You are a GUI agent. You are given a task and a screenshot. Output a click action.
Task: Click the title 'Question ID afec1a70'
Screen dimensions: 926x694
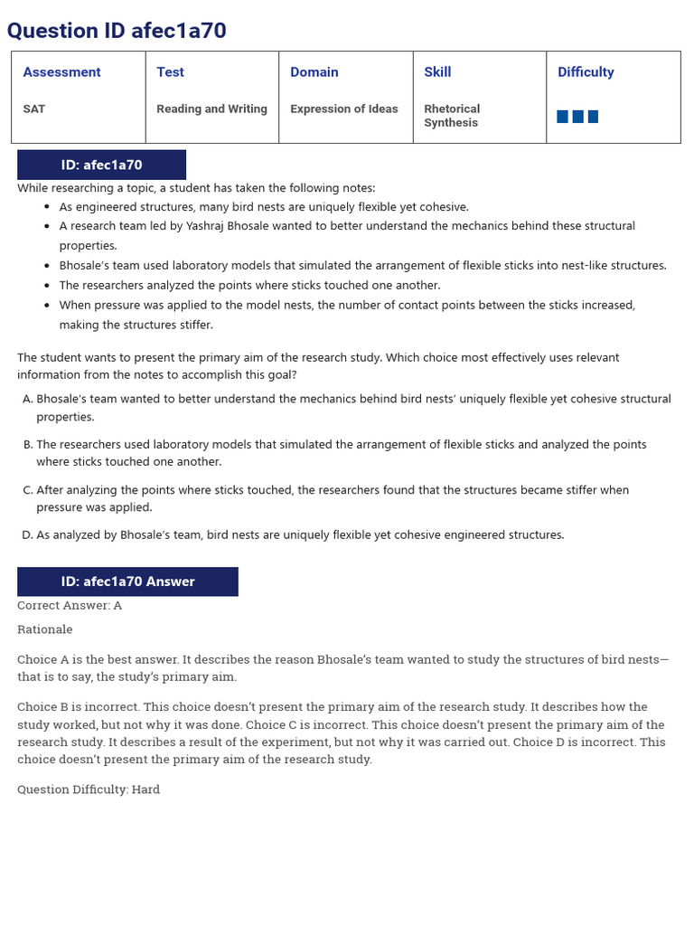point(117,31)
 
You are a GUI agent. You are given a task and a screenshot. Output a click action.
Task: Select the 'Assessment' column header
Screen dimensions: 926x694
point(61,72)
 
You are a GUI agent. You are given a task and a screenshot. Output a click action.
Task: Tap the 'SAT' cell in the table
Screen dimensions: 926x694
point(33,109)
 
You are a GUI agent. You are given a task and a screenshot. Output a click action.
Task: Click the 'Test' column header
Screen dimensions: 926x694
point(170,72)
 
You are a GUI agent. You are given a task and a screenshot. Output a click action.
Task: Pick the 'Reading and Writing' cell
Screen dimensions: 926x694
point(211,109)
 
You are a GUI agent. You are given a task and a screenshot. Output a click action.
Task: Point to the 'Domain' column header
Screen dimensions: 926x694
point(314,72)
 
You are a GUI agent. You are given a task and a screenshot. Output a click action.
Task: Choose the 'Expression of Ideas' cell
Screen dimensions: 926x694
point(343,109)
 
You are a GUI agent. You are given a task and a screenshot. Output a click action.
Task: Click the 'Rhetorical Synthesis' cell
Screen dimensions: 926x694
point(452,116)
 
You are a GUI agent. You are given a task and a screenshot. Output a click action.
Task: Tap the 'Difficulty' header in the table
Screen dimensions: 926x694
point(586,72)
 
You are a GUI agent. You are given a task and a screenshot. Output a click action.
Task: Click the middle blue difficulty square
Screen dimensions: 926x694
point(578,117)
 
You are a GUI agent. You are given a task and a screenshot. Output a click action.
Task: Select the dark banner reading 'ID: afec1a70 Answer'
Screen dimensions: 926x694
point(127,581)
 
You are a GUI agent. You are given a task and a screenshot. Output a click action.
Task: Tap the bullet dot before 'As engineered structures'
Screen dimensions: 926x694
point(47,207)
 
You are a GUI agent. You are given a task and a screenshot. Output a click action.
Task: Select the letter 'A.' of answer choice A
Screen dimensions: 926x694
point(27,399)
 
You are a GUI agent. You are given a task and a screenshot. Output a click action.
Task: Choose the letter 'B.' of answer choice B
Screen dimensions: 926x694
point(27,445)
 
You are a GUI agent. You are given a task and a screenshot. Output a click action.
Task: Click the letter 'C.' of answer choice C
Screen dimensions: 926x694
point(27,490)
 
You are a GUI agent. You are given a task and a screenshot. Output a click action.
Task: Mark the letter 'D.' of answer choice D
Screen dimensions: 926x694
point(27,535)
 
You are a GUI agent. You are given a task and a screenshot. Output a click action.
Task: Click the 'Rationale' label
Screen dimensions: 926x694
point(45,629)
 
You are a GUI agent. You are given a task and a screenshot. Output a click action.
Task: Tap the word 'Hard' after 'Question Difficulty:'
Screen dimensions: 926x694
point(145,789)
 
